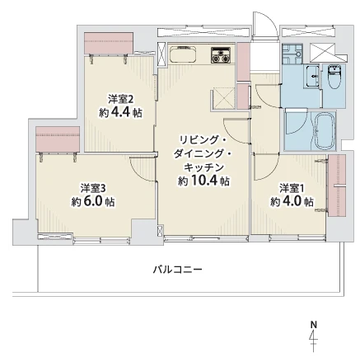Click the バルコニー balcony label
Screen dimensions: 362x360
(x=176, y=270)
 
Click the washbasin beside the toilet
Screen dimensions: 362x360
(x=311, y=77)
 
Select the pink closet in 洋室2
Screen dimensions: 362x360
(x=110, y=41)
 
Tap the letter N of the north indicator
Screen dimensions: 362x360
(x=312, y=324)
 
